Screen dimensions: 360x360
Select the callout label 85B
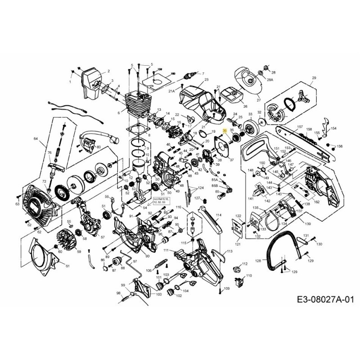[215, 185]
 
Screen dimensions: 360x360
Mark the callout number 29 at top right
[314, 78]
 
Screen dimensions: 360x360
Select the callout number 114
[219, 216]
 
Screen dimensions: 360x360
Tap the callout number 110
[249, 275]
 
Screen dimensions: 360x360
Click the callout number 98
[119, 293]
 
